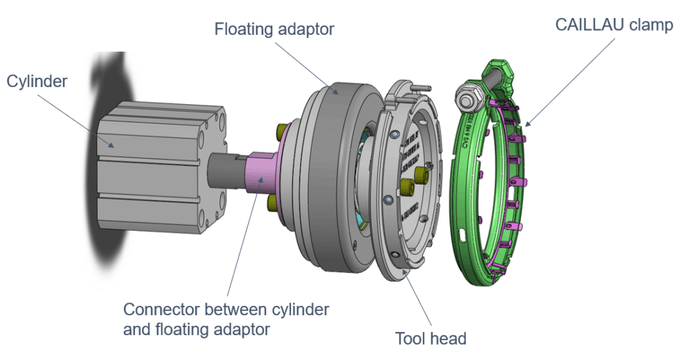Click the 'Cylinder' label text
(37, 81)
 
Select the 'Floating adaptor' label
(274, 29)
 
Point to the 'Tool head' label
(430, 338)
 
